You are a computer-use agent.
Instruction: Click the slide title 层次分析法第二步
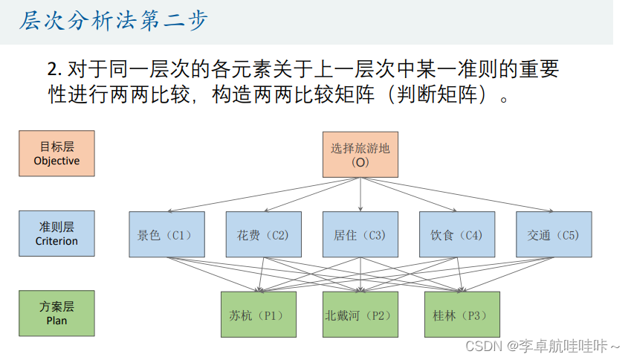click(x=113, y=21)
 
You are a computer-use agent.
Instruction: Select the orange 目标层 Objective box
click(x=56, y=154)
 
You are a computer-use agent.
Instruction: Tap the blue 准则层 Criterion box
click(x=56, y=234)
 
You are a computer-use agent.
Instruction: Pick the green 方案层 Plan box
click(x=56, y=313)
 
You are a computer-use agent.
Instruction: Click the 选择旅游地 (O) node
click(x=360, y=155)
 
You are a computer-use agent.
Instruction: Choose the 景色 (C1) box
click(x=166, y=234)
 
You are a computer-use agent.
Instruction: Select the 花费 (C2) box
click(x=263, y=234)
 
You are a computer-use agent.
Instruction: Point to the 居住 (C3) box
click(x=360, y=234)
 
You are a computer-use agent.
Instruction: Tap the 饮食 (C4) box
click(x=457, y=234)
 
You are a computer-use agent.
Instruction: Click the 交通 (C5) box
click(x=554, y=234)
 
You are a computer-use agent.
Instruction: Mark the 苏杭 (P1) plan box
click(x=258, y=315)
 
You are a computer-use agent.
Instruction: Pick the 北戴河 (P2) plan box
click(x=360, y=315)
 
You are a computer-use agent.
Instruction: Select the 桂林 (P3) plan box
click(x=462, y=315)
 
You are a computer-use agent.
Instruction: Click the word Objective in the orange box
click(x=56, y=161)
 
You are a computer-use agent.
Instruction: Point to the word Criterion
click(x=56, y=241)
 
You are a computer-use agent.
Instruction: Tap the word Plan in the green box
click(x=56, y=321)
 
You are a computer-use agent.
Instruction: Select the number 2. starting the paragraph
click(x=54, y=70)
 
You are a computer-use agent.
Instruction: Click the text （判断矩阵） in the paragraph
click(x=436, y=94)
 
